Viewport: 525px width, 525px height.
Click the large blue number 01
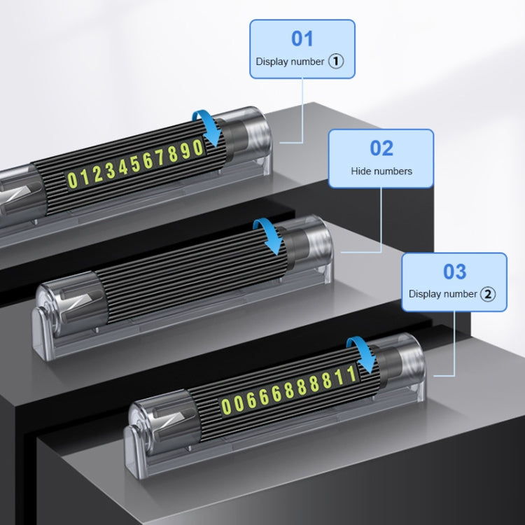pos(302,38)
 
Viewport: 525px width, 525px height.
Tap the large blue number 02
pos(381,148)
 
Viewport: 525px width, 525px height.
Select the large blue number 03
pos(454,272)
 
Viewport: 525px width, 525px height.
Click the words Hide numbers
pos(381,171)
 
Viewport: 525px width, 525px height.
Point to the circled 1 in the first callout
pos(336,62)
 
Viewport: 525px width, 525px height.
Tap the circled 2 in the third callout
pos(488,294)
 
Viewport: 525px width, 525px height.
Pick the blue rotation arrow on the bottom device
pos(363,353)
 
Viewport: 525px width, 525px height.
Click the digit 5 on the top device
pos(135,164)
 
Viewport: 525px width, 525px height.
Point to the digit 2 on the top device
pos(97,174)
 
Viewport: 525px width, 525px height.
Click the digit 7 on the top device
pos(160,157)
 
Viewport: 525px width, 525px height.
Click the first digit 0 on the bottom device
pos(226,406)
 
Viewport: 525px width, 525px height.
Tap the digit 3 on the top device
pos(110,171)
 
